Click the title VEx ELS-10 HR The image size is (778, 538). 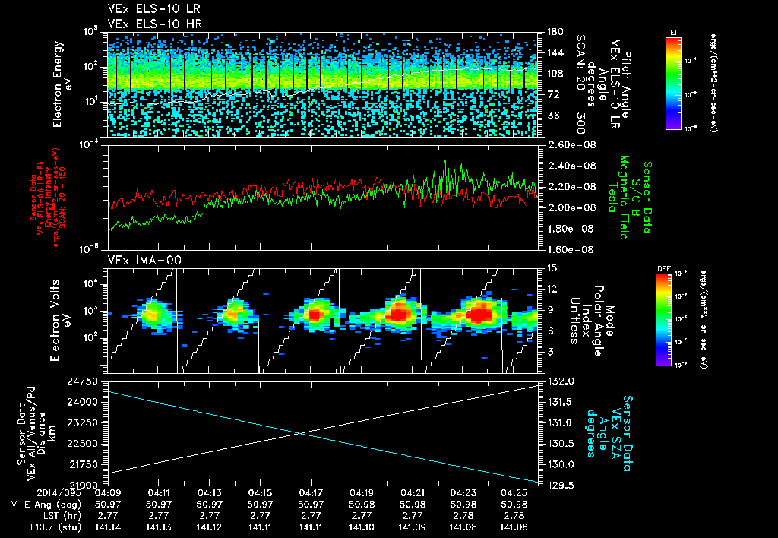[148, 23]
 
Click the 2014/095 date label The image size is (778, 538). [30, 492]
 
